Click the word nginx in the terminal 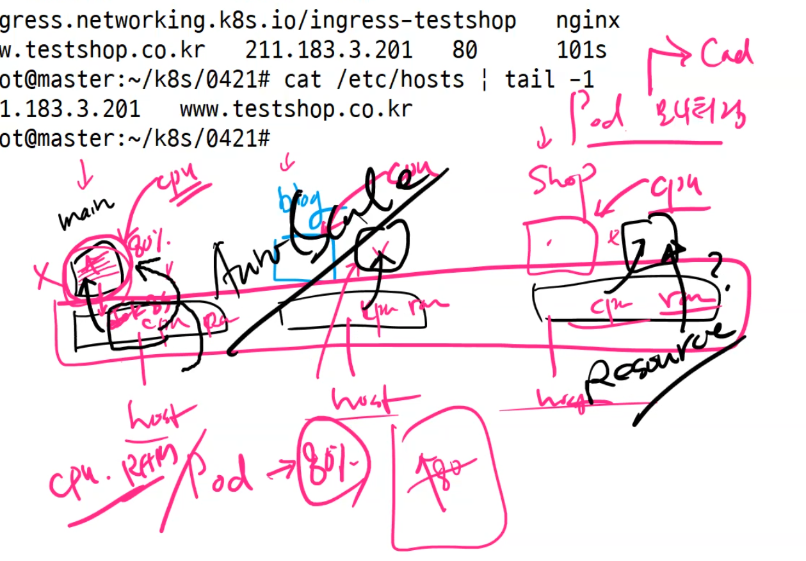[588, 20]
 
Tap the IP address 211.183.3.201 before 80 [328, 50]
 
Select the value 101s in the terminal [581, 50]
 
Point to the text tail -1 [549, 79]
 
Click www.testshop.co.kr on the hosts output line [296, 109]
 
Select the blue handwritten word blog [295, 202]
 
